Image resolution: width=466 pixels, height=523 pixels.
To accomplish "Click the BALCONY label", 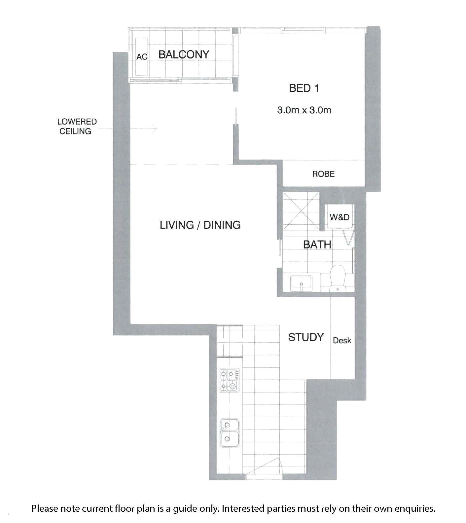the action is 184,55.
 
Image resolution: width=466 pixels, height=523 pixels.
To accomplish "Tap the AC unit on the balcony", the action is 142,56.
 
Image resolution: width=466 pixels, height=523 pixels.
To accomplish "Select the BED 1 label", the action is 304,88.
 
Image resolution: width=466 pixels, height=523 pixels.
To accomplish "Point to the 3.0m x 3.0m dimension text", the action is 304,110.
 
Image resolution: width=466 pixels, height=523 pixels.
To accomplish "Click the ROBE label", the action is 323,174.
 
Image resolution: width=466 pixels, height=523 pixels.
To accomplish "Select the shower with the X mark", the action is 301,211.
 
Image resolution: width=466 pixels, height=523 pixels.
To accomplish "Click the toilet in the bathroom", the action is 338,278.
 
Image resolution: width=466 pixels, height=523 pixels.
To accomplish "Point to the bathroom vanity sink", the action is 301,283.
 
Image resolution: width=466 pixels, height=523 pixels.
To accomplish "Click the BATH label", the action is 317,245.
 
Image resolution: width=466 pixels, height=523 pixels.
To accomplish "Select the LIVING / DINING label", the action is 200,225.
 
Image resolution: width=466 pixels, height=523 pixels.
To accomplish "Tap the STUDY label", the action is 306,337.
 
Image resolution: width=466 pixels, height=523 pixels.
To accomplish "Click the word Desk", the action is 342,340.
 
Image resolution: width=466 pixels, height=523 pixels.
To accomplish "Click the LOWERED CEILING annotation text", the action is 77,127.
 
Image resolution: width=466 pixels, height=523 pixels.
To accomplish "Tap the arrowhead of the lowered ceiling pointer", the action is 154,129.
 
